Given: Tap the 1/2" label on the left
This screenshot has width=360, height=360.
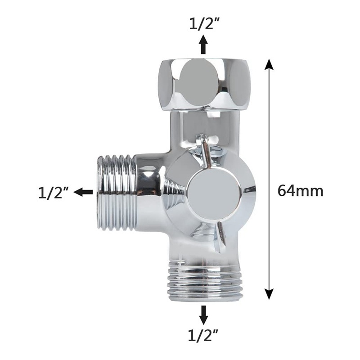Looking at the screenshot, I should [53, 192].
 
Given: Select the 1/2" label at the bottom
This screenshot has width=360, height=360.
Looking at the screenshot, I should [203, 335].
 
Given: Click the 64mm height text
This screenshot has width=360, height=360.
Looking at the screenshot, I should [300, 191].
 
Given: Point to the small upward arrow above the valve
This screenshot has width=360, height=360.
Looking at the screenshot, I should [204, 45].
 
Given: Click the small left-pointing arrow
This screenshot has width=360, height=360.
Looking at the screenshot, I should [83, 192].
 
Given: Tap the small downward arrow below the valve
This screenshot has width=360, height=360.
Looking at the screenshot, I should [204, 315].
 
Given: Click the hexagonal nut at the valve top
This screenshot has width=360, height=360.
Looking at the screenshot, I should [204, 85].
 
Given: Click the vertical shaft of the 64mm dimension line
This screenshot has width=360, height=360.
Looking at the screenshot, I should [269, 135].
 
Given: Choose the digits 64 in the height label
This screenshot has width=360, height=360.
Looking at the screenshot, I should [286, 191].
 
